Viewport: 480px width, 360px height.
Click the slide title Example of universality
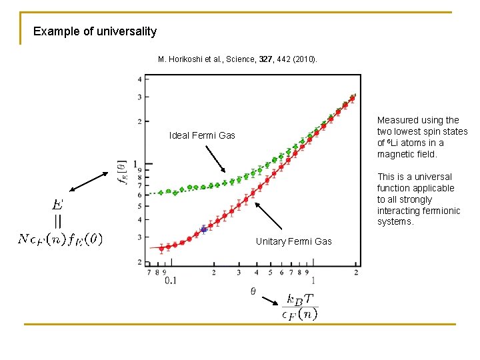[x=95, y=31]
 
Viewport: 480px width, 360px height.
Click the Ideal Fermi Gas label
[x=202, y=135]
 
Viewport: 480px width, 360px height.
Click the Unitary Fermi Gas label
[x=293, y=241]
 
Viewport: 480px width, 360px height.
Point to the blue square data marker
[x=203, y=229]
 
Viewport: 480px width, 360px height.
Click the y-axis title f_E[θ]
[x=122, y=172]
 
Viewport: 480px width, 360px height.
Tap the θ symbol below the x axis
[x=253, y=291]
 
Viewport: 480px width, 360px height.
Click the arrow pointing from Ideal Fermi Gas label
[x=215, y=158]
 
